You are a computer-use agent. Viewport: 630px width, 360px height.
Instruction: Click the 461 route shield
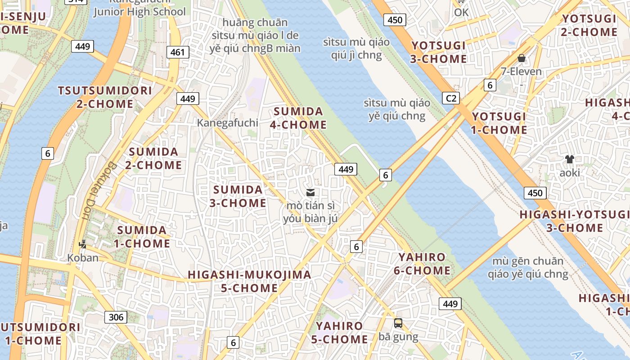click(177, 52)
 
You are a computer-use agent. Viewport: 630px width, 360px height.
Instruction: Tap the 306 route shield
click(116, 317)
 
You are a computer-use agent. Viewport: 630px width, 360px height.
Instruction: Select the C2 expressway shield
click(450, 98)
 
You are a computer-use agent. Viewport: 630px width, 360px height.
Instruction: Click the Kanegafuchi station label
click(228, 123)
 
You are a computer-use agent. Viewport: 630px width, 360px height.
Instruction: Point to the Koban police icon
click(82, 245)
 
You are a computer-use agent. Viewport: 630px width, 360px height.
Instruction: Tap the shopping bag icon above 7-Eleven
click(522, 58)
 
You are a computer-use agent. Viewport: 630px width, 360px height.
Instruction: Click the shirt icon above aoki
click(570, 159)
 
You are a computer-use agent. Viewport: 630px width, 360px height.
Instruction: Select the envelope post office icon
click(310, 193)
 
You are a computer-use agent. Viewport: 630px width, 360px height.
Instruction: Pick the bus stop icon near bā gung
click(398, 323)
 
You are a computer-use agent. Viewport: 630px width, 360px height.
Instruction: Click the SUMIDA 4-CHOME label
click(298, 118)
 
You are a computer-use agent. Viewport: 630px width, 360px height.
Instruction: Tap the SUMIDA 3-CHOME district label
click(238, 196)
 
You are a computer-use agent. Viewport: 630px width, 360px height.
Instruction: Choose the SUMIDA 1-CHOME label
click(143, 237)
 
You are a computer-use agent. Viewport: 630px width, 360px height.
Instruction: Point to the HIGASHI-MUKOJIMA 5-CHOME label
click(249, 281)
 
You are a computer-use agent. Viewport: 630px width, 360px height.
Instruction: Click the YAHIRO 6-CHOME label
click(422, 264)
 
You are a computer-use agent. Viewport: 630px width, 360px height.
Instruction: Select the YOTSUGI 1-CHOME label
click(499, 123)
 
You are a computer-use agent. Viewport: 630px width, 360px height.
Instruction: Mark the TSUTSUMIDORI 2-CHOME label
click(104, 97)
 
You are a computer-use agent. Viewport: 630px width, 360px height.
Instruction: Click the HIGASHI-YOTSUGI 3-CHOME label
click(574, 221)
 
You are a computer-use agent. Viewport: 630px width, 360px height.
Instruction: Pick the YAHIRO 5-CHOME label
click(339, 333)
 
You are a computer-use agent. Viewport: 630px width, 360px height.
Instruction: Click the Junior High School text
click(139, 12)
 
